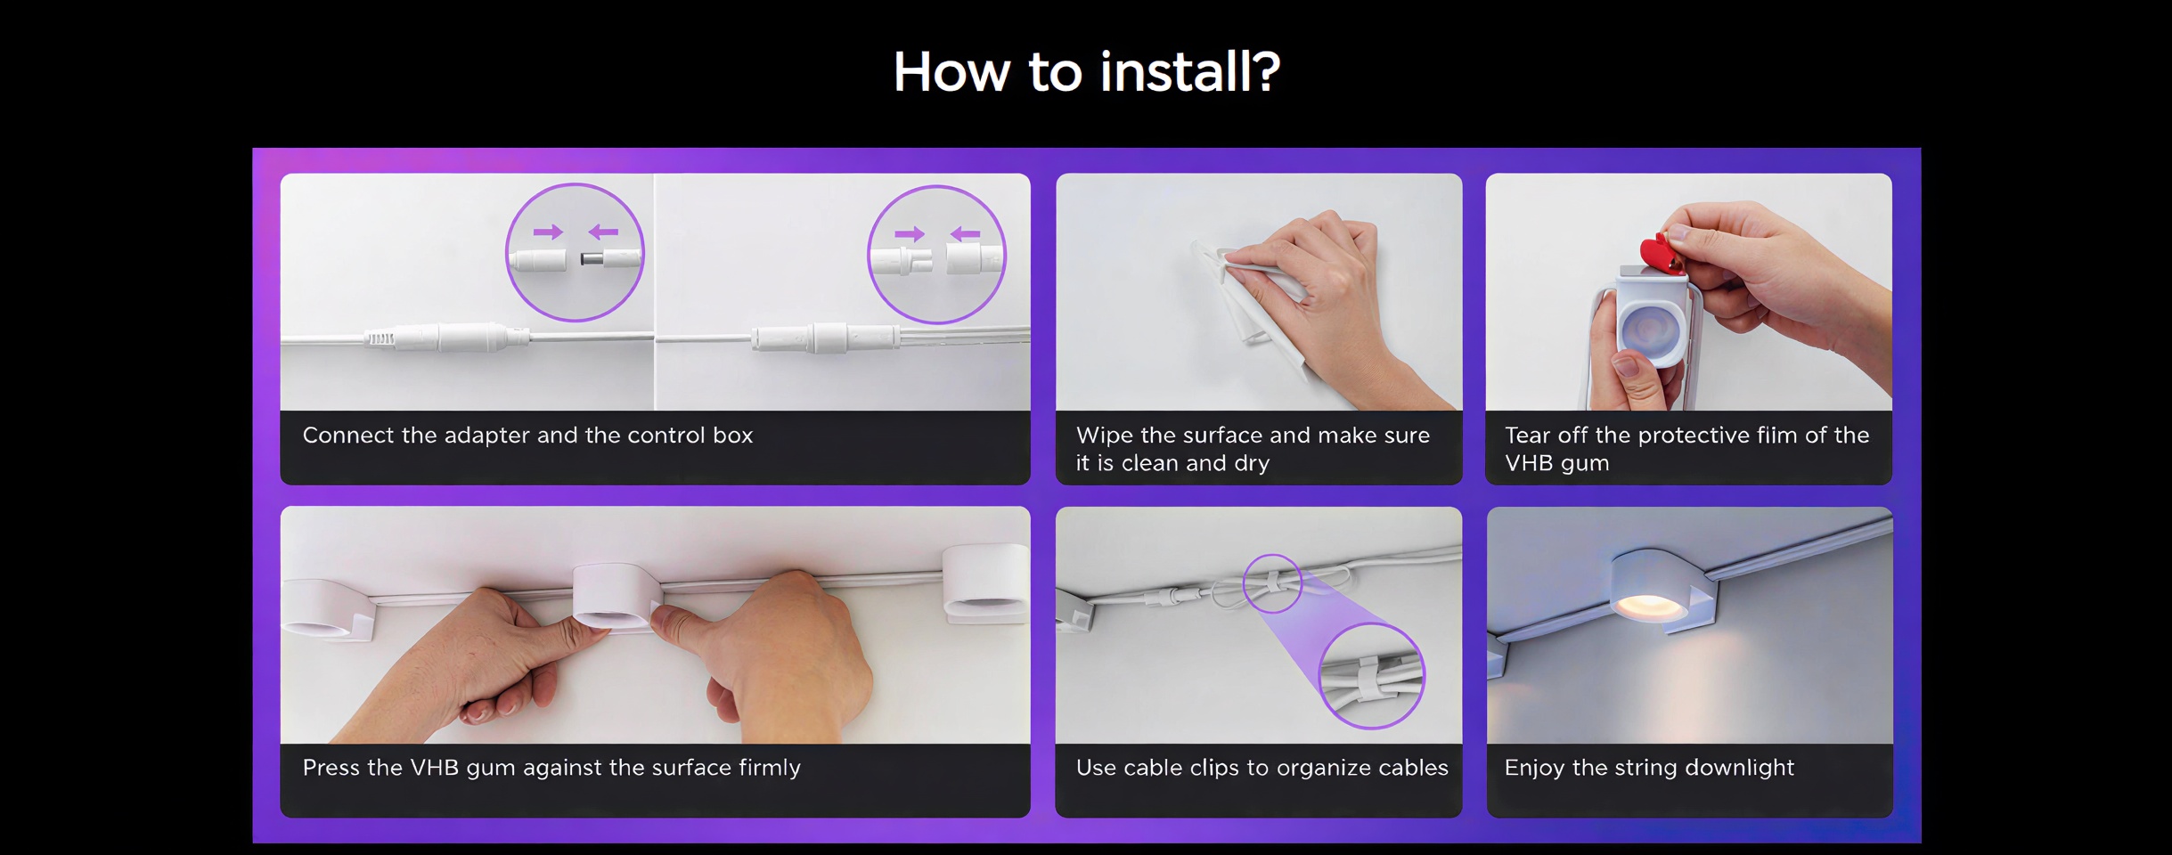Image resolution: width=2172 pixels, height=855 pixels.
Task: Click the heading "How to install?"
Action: click(1086, 71)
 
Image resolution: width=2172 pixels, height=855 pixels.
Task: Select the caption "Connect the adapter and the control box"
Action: click(527, 436)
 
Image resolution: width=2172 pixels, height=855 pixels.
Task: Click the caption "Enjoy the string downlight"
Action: click(1649, 768)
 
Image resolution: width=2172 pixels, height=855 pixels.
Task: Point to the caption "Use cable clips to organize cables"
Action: click(1262, 768)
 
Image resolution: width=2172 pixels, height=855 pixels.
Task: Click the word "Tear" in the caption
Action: click(1526, 436)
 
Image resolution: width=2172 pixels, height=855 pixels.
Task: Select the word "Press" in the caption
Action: click(331, 768)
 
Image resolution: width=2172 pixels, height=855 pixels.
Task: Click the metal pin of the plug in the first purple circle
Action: click(591, 259)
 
